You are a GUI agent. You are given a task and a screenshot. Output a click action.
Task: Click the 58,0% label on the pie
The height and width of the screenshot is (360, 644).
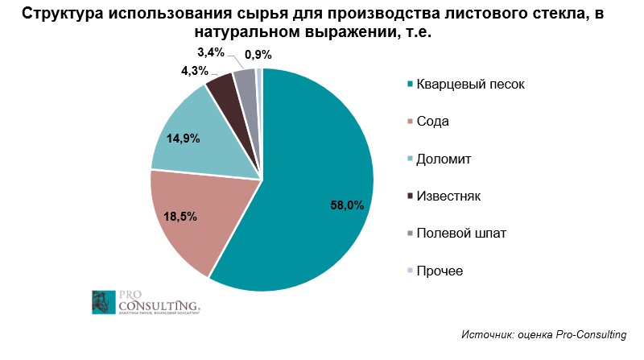click(348, 205)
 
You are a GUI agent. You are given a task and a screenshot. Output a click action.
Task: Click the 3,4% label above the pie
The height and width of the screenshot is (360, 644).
click(210, 53)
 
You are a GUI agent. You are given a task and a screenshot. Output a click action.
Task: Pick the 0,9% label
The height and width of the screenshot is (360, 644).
click(258, 55)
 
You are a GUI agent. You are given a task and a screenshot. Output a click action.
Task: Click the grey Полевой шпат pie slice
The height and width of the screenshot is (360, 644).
click(246, 81)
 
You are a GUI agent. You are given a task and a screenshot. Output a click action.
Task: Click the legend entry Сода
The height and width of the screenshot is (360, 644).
click(432, 122)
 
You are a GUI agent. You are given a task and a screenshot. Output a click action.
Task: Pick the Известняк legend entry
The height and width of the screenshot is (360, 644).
click(448, 196)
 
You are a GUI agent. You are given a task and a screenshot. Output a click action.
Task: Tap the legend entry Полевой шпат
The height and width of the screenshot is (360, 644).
click(460, 233)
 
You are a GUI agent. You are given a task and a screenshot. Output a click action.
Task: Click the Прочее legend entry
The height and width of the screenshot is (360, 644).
click(439, 270)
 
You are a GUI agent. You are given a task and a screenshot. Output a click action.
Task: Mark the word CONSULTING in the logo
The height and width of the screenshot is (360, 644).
click(157, 305)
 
